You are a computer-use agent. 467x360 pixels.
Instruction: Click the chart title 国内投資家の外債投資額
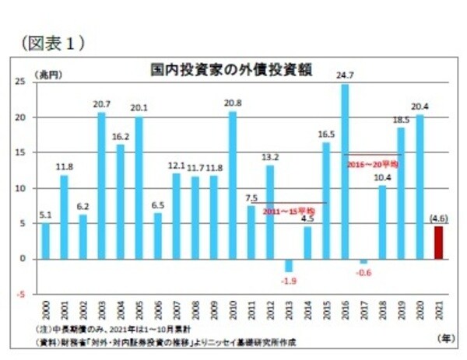pos(231,69)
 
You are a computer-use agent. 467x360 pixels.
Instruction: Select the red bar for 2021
pos(439,242)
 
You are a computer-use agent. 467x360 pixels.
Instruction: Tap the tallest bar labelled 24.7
pos(345,171)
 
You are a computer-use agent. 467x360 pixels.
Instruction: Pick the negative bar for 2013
pos(289,265)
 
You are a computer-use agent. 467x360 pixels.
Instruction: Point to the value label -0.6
pos(363,273)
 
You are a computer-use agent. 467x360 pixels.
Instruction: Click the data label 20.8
pos(232,103)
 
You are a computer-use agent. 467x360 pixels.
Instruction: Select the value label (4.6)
pos(439,218)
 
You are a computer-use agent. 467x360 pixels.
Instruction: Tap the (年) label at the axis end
pos(443,340)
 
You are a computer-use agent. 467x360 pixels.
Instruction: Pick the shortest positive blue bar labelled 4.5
pos(307,242)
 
